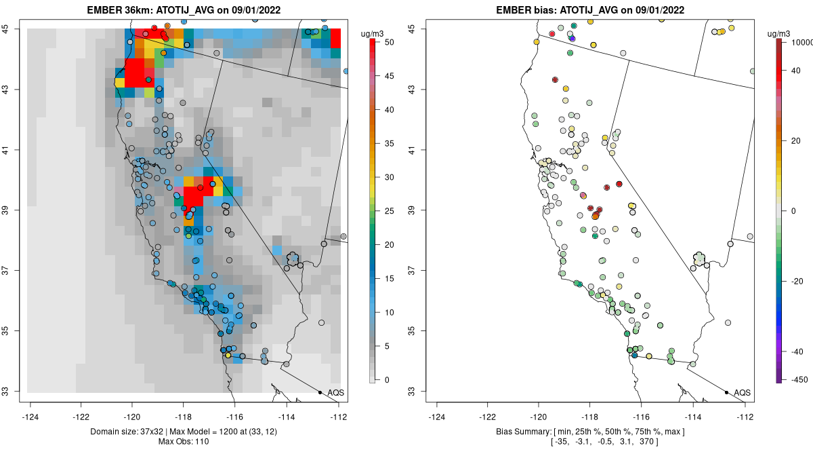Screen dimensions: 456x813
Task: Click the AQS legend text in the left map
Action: click(336, 393)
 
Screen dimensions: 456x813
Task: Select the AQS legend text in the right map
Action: click(743, 393)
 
